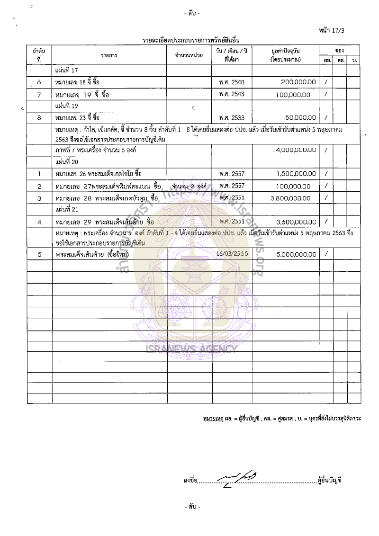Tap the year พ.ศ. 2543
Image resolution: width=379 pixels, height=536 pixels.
[x=232, y=94]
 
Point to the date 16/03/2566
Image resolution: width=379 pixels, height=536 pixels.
[x=232, y=254]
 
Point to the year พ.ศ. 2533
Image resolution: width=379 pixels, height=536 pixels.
[x=232, y=117]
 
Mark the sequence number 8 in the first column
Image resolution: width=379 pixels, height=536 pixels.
[x=39, y=117]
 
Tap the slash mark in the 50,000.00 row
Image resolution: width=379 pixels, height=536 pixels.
[x=326, y=117]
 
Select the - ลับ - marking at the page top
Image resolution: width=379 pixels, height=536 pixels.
[x=191, y=13]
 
